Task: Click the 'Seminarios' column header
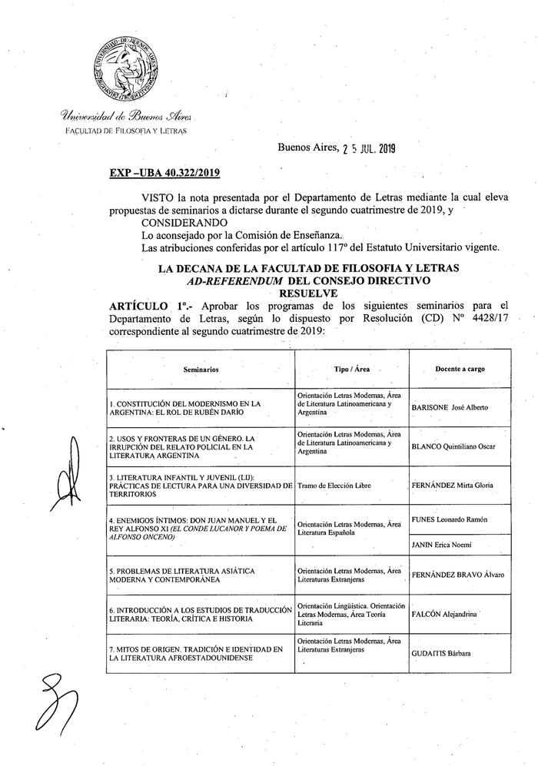pyautogui.click(x=201, y=370)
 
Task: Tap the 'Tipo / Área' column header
pyautogui.click(x=351, y=369)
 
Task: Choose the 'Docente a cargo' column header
pyautogui.click(x=460, y=369)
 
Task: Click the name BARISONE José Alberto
pyautogui.click(x=450, y=406)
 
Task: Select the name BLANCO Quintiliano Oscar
pyautogui.click(x=454, y=446)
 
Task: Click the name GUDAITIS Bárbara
pyautogui.click(x=442, y=654)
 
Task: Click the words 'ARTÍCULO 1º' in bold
pyautogui.click(x=148, y=306)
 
